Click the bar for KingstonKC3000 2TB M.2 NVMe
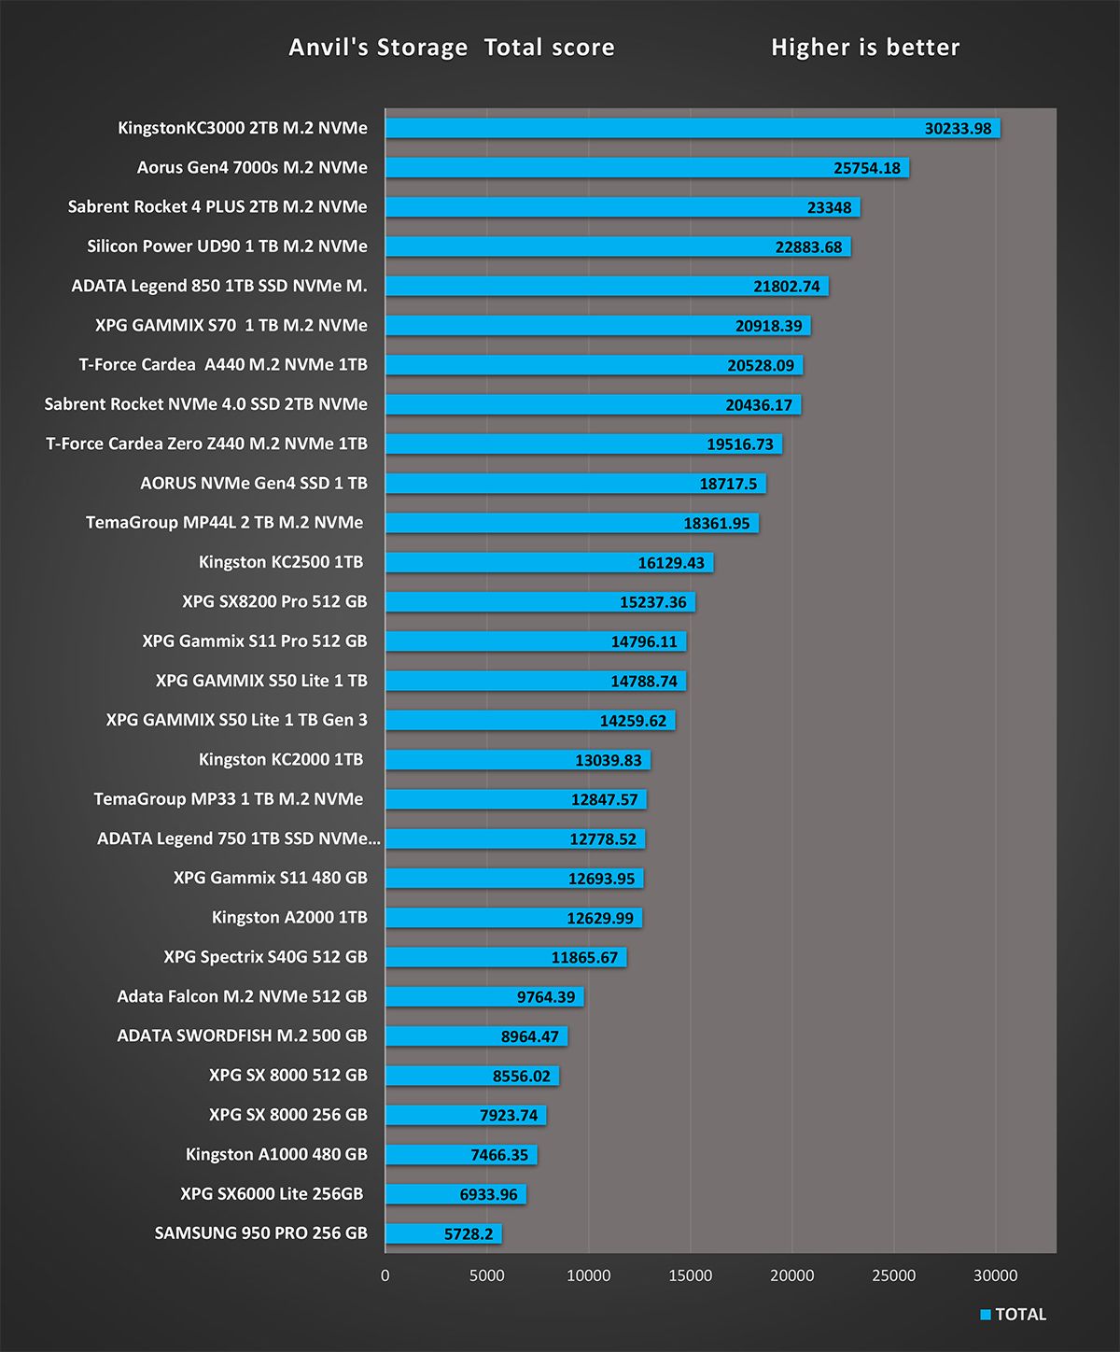[653, 128]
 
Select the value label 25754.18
[867, 168]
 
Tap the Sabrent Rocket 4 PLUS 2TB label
[217, 206]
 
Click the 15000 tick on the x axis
[690, 1275]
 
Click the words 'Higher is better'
[865, 48]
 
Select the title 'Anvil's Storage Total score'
[452, 48]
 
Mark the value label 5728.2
[469, 1234]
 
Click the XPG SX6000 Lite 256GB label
[272, 1193]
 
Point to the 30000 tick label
[996, 1275]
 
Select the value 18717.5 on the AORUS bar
[728, 484]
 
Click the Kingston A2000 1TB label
[289, 917]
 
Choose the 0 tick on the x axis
[385, 1275]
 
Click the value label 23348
[829, 207]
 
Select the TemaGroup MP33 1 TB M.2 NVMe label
[229, 798]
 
